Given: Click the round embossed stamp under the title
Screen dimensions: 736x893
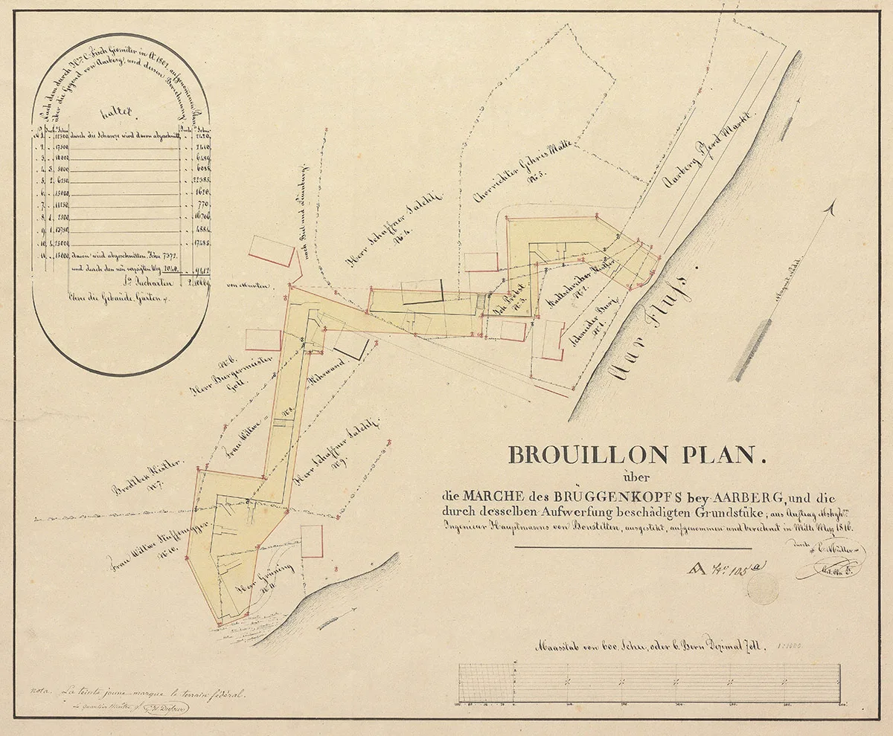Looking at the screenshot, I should click(763, 588).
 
